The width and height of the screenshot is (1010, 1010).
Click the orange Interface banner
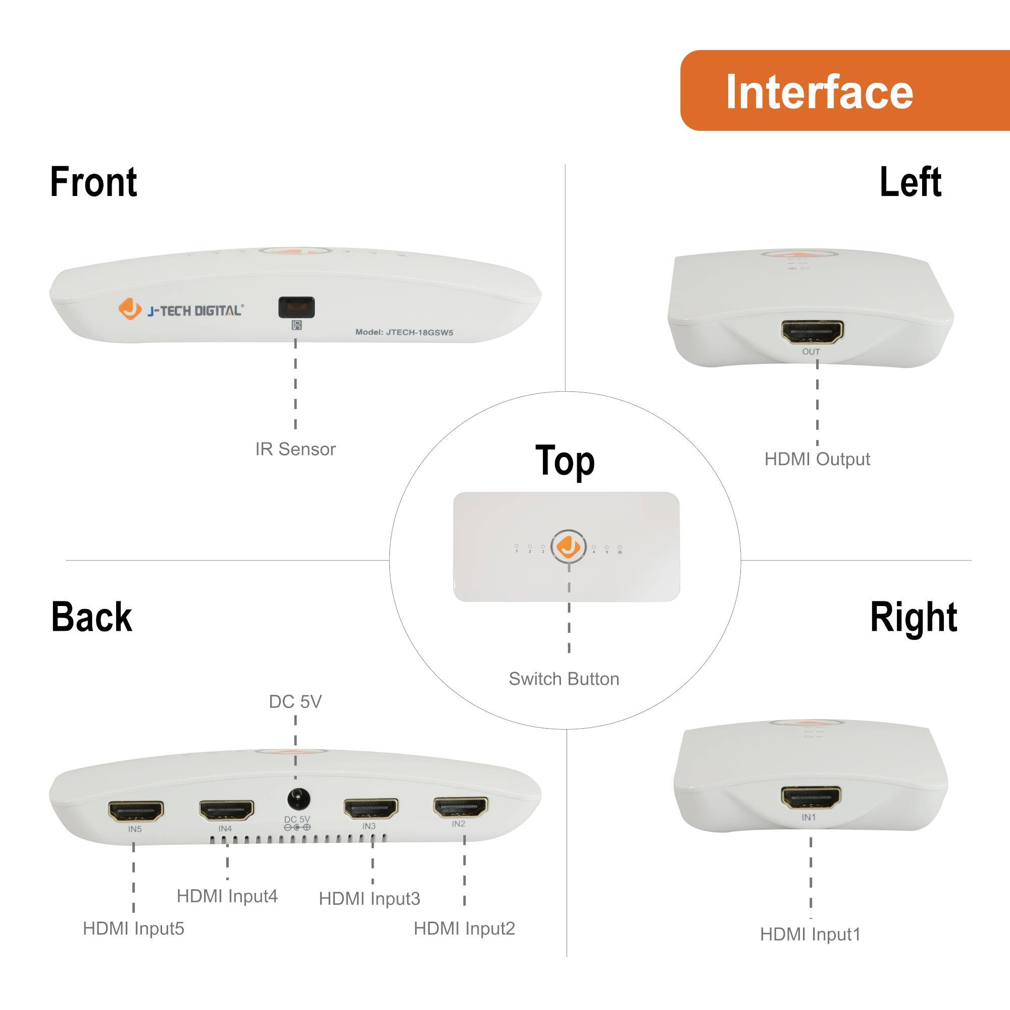click(x=844, y=90)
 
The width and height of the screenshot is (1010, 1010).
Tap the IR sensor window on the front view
click(x=296, y=307)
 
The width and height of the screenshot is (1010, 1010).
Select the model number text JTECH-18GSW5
click(x=404, y=332)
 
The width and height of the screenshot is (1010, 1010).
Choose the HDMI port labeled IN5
click(x=135, y=811)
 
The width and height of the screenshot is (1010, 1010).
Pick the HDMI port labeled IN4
click(x=226, y=810)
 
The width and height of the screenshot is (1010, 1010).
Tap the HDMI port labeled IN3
click(x=371, y=809)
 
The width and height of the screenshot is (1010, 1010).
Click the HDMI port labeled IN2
click(x=461, y=806)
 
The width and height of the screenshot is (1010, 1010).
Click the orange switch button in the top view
click(x=568, y=547)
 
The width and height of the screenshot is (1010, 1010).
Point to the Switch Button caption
click(x=564, y=679)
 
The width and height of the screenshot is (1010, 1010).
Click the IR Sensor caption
click(x=295, y=449)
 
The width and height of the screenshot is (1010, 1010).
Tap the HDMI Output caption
click(x=817, y=459)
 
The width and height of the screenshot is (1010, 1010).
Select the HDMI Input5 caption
click(x=133, y=929)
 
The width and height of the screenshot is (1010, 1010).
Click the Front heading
click(x=93, y=182)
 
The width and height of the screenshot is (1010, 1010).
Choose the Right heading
click(x=913, y=617)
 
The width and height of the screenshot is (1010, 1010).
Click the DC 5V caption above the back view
click(x=295, y=701)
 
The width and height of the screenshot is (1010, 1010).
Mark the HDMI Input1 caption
click(x=810, y=934)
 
